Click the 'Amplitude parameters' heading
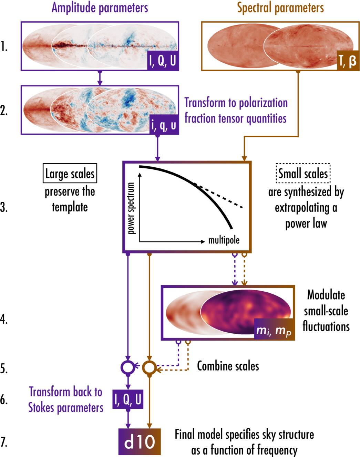tap(100, 8)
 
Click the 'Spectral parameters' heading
tap(280, 8)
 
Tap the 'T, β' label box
tap(347, 62)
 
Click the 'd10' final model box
tap(140, 442)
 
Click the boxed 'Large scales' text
tap(70, 174)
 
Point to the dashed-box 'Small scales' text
tap(303, 174)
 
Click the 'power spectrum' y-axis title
tap(131, 208)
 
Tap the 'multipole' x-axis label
tap(224, 240)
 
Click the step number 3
tap(4, 208)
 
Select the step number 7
tap(4, 442)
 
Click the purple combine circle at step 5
tap(128, 367)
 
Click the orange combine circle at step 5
tap(149, 367)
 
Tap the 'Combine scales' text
tap(228, 366)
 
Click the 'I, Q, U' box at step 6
tap(128, 399)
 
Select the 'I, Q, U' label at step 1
tap(163, 61)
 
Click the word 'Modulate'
tap(326, 295)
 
